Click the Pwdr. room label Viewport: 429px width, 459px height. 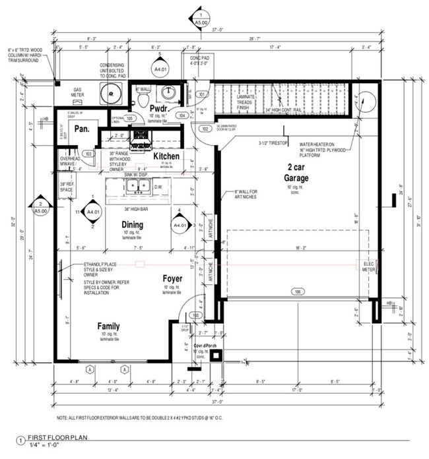pyautogui.click(x=159, y=107)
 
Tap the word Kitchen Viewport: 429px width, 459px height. pyautogui.click(x=166, y=156)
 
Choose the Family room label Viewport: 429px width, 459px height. pyautogui.click(x=108, y=326)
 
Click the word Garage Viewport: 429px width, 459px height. pyautogui.click(x=296, y=178)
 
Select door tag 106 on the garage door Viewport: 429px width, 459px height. pyautogui.click(x=297, y=291)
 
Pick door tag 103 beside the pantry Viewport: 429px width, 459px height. pyautogui.click(x=88, y=153)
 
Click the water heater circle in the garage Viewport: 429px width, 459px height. pyautogui.click(x=366, y=100)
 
